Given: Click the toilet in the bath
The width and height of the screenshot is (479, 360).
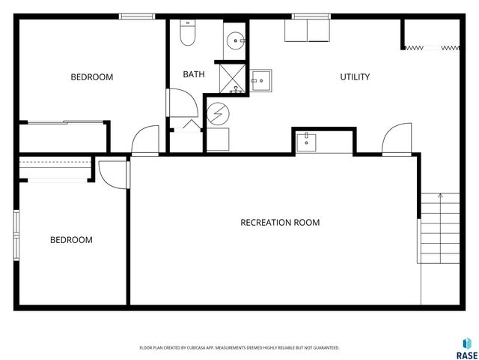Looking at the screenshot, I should (187, 32).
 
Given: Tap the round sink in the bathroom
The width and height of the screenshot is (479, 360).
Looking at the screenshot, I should (237, 40).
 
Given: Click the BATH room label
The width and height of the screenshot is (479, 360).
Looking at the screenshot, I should (194, 74).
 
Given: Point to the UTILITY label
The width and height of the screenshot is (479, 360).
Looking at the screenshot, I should (355, 76).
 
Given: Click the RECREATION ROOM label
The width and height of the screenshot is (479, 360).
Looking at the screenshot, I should (280, 222).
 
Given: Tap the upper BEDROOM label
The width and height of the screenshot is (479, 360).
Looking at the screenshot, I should (92, 76).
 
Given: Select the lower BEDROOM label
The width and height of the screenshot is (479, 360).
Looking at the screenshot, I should (71, 240).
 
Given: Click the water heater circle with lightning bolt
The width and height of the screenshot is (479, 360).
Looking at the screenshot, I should (219, 112).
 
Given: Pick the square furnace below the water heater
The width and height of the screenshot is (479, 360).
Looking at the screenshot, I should (219, 140).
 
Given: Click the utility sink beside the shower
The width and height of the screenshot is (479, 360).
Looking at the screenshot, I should (262, 79).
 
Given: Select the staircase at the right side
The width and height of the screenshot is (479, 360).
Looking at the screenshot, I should (439, 227).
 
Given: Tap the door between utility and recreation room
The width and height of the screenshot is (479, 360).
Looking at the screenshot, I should (395, 140).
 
